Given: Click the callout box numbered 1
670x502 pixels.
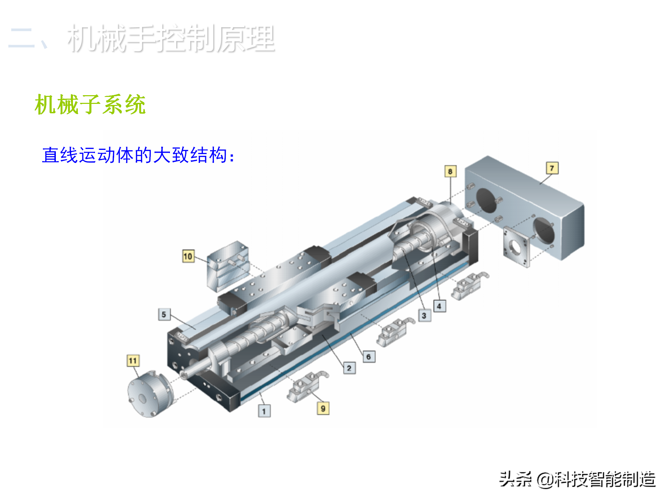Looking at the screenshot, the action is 264,411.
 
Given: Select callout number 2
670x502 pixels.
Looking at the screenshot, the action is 349,368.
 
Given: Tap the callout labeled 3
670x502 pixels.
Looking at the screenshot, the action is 424,315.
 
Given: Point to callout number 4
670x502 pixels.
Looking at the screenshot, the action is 439,306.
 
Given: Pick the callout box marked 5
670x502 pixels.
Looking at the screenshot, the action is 164,314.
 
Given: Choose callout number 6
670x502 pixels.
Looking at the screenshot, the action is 369,357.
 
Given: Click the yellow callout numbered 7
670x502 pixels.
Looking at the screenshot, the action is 552,168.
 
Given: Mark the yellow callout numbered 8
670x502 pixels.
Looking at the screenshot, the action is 450,171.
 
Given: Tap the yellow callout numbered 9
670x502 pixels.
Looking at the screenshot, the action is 323,408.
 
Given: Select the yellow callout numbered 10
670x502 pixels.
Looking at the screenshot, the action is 188,256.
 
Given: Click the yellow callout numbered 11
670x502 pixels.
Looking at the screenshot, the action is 133,360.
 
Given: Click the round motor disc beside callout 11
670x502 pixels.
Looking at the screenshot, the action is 150,394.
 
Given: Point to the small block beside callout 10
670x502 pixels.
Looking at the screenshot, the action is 228,266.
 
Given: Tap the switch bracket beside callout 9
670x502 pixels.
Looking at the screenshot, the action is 307,386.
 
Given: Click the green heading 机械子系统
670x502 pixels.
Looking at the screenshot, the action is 90,104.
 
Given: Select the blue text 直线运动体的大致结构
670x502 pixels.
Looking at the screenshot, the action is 138,155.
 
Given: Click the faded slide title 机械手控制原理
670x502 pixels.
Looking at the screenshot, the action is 171,38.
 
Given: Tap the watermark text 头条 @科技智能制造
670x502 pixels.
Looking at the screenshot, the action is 577,479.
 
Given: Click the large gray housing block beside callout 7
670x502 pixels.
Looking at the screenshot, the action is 525,208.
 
